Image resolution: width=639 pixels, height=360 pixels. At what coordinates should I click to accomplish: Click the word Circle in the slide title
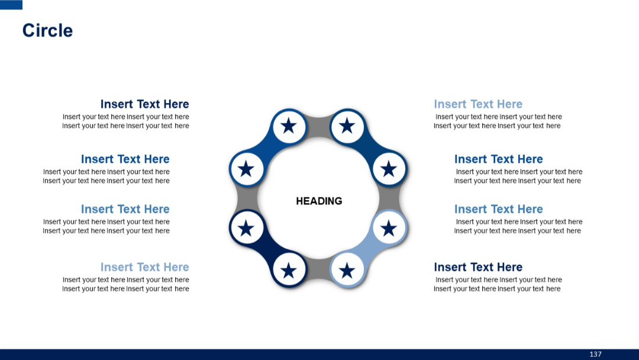[x=47, y=30]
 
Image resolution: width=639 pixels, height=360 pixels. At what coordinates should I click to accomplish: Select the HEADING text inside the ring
[x=319, y=201]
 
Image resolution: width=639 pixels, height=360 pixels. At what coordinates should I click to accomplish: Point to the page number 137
[x=595, y=354]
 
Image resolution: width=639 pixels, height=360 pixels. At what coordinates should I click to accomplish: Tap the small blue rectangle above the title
[x=11, y=5]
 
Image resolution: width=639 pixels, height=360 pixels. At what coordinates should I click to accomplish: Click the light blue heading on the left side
[x=144, y=267]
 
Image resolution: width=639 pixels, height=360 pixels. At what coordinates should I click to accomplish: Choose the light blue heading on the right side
[x=478, y=104]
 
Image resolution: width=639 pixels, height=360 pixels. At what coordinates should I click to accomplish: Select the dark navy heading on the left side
[x=144, y=104]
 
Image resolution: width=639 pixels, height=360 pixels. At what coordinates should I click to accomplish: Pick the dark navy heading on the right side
[x=478, y=267]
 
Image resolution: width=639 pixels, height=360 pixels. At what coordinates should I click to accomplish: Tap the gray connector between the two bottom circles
[x=318, y=269]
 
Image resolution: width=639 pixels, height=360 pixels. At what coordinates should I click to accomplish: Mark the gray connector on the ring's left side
[x=245, y=198]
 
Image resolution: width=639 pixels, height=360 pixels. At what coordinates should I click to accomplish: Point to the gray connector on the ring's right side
[x=390, y=198]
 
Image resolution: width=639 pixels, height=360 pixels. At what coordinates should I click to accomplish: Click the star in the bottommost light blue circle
[x=347, y=271]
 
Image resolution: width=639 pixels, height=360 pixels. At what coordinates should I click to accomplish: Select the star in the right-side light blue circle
[x=389, y=228]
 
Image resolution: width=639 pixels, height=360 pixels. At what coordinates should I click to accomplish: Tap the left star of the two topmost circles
[x=289, y=126]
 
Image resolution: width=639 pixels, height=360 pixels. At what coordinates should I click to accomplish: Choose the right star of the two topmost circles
[x=347, y=126]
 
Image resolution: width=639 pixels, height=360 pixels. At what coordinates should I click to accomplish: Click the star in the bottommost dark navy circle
[x=289, y=271]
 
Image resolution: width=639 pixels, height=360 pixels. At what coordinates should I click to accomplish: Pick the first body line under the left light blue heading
[x=125, y=279]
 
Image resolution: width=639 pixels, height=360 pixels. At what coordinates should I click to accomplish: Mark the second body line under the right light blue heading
[x=497, y=126]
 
